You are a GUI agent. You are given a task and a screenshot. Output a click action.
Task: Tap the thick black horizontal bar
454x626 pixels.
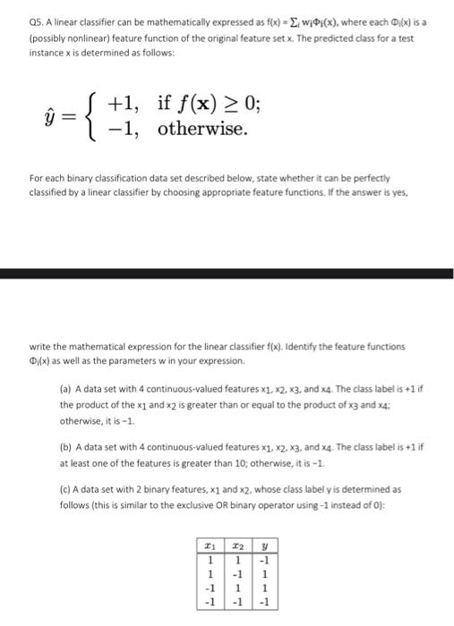[x=227, y=273]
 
